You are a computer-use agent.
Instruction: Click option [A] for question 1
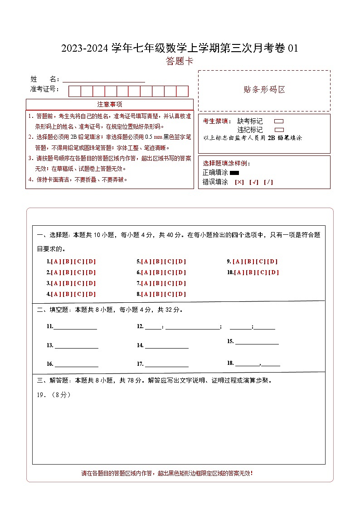[56, 262]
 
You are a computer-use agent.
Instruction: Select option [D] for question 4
[91, 294]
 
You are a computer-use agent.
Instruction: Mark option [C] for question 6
[169, 272]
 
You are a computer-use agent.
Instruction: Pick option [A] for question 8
[146, 294]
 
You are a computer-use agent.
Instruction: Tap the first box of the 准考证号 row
[74, 91]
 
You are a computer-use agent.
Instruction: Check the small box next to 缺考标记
[279, 121]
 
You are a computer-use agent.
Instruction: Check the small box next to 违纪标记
[279, 130]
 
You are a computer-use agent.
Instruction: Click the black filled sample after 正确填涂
[234, 173]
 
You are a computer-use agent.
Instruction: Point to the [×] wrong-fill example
[239, 182]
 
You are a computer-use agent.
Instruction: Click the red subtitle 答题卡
[180, 61]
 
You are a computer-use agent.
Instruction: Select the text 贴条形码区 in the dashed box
[264, 90]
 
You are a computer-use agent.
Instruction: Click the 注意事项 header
[109, 105]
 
